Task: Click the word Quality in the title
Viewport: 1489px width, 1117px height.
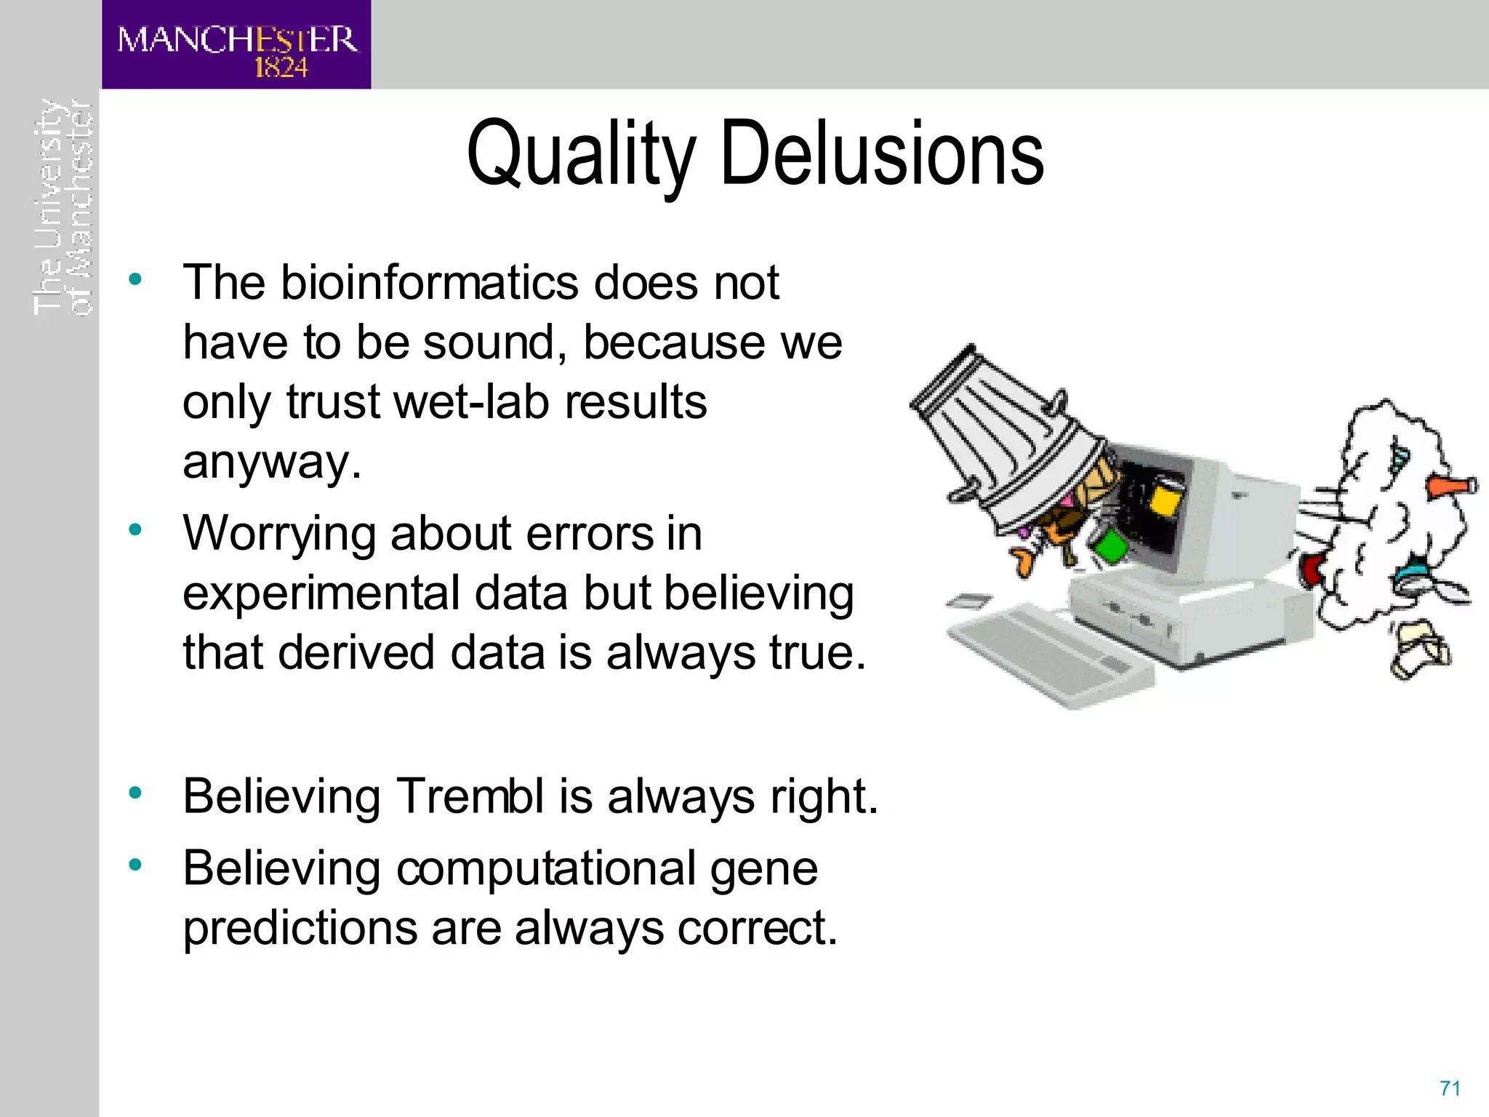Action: pyautogui.click(x=581, y=155)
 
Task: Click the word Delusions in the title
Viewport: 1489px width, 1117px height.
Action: pyautogui.click(x=882, y=153)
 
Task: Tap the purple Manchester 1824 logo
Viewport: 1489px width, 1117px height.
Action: pyautogui.click(x=236, y=45)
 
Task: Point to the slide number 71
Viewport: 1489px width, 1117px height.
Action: pyautogui.click(x=1450, y=1088)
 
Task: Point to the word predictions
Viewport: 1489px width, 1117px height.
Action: pyautogui.click(x=300, y=929)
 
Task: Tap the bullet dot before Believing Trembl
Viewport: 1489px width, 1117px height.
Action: pyautogui.click(x=135, y=793)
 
